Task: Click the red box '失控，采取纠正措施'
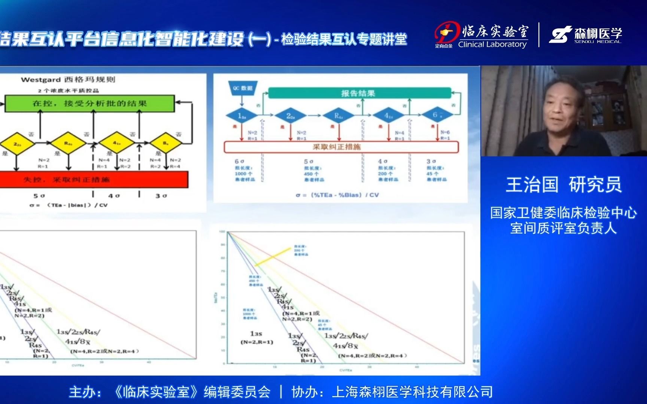point(94,180)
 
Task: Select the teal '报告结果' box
point(359,93)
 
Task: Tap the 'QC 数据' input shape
point(242,88)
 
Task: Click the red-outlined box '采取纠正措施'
point(341,147)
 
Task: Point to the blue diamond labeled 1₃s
point(242,116)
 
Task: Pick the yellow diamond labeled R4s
point(68,143)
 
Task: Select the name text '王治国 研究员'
point(564,185)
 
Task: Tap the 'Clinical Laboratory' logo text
point(492,45)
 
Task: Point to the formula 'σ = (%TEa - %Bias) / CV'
point(337,195)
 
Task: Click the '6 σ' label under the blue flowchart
point(239,161)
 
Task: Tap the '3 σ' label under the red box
point(161,196)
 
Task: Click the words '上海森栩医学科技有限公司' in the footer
point(412,392)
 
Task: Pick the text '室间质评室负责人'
point(563,228)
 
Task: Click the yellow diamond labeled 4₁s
point(117,143)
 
